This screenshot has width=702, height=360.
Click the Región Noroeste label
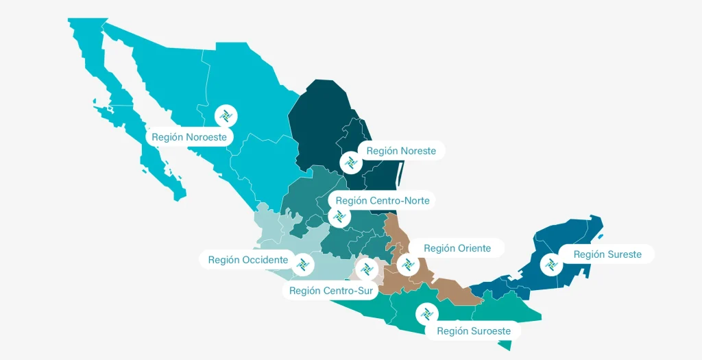[189, 137]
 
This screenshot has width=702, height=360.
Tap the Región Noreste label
[401, 151]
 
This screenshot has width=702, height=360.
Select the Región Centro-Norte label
[383, 201]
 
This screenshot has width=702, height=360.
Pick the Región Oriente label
[457, 248]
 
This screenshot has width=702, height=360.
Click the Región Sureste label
[607, 254]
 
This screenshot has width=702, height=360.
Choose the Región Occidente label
[248, 260]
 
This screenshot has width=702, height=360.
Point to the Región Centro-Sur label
[331, 291]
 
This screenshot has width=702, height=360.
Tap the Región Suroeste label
[474, 331]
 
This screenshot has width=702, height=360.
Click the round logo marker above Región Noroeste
[225, 115]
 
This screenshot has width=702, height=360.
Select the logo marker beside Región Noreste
[350, 163]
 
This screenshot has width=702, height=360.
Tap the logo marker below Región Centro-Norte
[337, 217]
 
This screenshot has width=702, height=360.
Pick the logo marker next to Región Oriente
[407, 264]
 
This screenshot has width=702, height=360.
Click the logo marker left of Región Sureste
[550, 264]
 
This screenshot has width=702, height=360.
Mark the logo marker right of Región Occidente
[304, 264]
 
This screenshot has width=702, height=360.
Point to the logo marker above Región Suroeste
[426, 314]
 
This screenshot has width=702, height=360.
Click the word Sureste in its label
[624, 254]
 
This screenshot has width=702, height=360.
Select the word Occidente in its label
[265, 260]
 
